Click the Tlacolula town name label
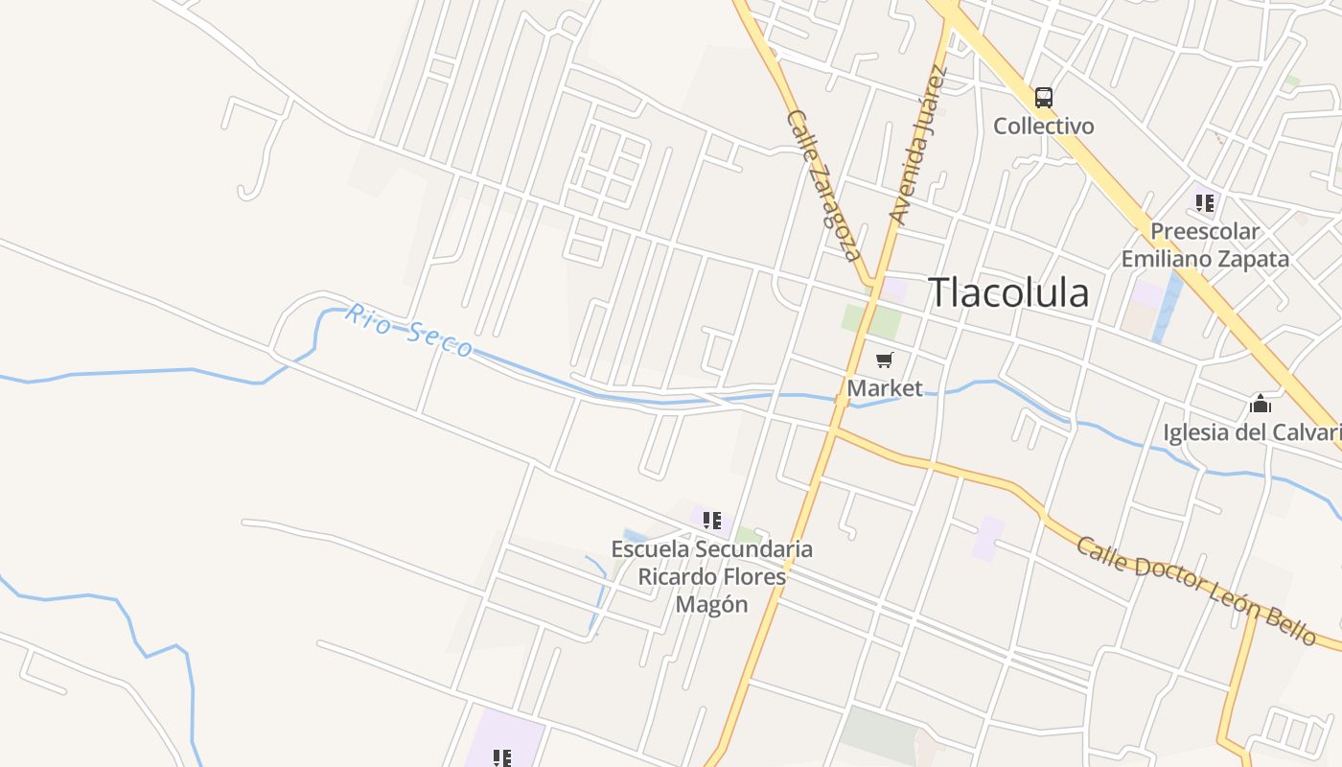tap(1008, 292)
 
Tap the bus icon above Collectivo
tap(1043, 98)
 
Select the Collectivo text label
tap(1043, 126)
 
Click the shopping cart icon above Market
tap(884, 360)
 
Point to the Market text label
tap(884, 388)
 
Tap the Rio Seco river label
tap(409, 331)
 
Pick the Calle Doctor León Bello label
tap(1195, 590)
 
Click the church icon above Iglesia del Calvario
tap(1260, 404)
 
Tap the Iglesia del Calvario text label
tap(1251, 432)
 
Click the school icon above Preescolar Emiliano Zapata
tap(1205, 203)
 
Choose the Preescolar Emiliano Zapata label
tap(1205, 245)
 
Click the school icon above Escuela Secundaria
tap(711, 521)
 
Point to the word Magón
tap(711, 604)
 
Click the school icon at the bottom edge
tap(501, 758)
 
